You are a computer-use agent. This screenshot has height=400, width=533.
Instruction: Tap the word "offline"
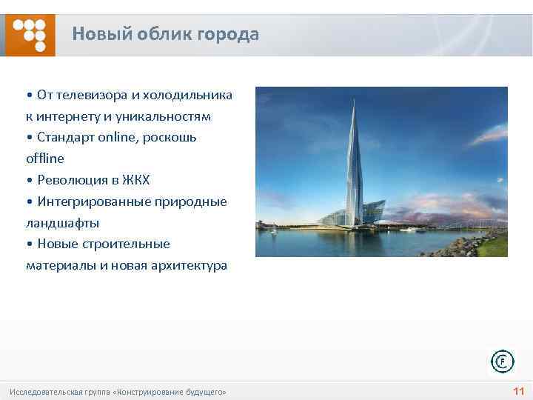(x=44, y=159)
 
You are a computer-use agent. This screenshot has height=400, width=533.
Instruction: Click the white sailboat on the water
(x=273, y=230)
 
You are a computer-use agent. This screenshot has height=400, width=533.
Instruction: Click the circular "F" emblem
(x=502, y=361)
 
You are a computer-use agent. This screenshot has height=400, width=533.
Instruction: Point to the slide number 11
(x=518, y=391)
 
